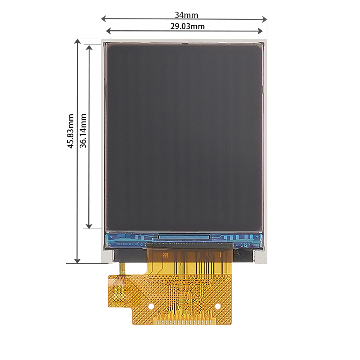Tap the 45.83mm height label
(x=71, y=131)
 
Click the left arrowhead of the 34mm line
(x=103, y=19)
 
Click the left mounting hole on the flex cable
(x=152, y=306)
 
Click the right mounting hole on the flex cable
(x=218, y=306)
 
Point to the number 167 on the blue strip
(x=246, y=245)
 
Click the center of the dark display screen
(x=184, y=137)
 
